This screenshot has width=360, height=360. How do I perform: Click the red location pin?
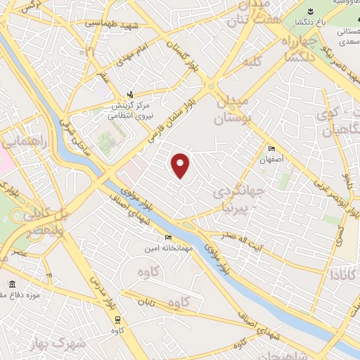(x=181, y=165)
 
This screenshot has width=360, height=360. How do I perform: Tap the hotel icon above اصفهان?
(x=273, y=148)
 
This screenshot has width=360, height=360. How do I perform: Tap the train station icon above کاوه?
(x=116, y=318)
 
